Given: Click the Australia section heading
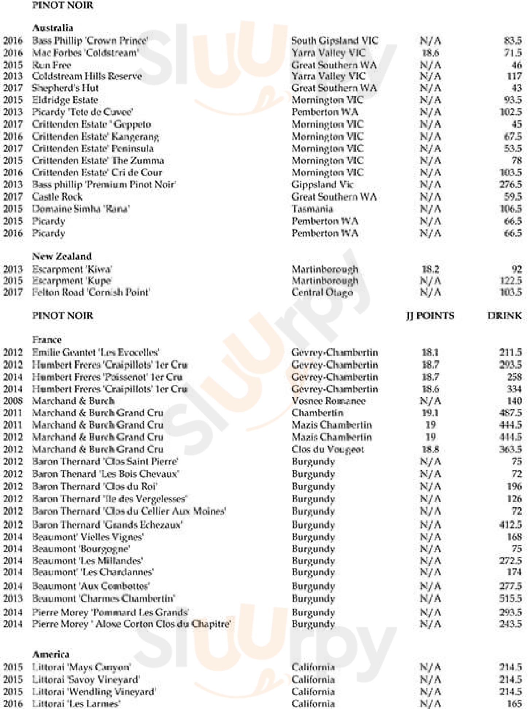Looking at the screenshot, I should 53,28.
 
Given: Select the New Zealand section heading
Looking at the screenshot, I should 62,256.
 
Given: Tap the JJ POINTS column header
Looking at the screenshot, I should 430,315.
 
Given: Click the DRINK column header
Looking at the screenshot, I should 504,315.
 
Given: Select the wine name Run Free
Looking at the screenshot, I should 51,65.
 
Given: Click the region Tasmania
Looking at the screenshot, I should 312,209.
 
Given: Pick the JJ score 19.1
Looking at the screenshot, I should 430,413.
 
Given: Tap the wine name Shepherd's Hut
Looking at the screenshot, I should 65,88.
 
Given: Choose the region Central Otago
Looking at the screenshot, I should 322,292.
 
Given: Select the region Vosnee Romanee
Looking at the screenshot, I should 328,401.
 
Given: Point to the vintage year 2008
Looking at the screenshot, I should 13,401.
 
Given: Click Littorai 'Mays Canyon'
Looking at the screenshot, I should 81,667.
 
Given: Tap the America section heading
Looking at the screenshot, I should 51,654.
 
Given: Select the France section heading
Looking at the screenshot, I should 47,340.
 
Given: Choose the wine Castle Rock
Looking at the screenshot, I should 57,197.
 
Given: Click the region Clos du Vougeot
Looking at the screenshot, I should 328,449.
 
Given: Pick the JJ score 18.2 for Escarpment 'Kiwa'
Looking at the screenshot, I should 430,269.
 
